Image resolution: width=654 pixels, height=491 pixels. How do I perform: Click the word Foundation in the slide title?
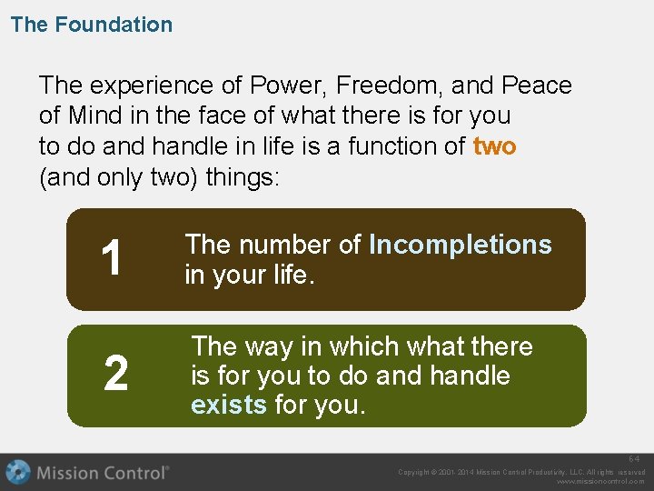tap(114, 25)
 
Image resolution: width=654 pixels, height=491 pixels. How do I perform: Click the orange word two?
tap(494, 145)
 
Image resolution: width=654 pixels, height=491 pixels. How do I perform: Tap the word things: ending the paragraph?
tap(244, 176)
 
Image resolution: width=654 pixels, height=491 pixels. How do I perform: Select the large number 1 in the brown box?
tap(112, 259)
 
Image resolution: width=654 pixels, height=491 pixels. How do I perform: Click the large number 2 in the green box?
tap(115, 375)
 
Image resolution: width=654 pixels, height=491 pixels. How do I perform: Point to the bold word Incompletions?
tap(461, 245)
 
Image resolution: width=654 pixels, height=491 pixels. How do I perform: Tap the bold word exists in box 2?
tap(228, 405)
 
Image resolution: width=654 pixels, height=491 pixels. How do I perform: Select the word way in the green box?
tap(271, 346)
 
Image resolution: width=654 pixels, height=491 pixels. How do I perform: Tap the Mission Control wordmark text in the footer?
tap(102, 473)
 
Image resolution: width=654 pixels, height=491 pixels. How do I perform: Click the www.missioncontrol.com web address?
tap(600, 482)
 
